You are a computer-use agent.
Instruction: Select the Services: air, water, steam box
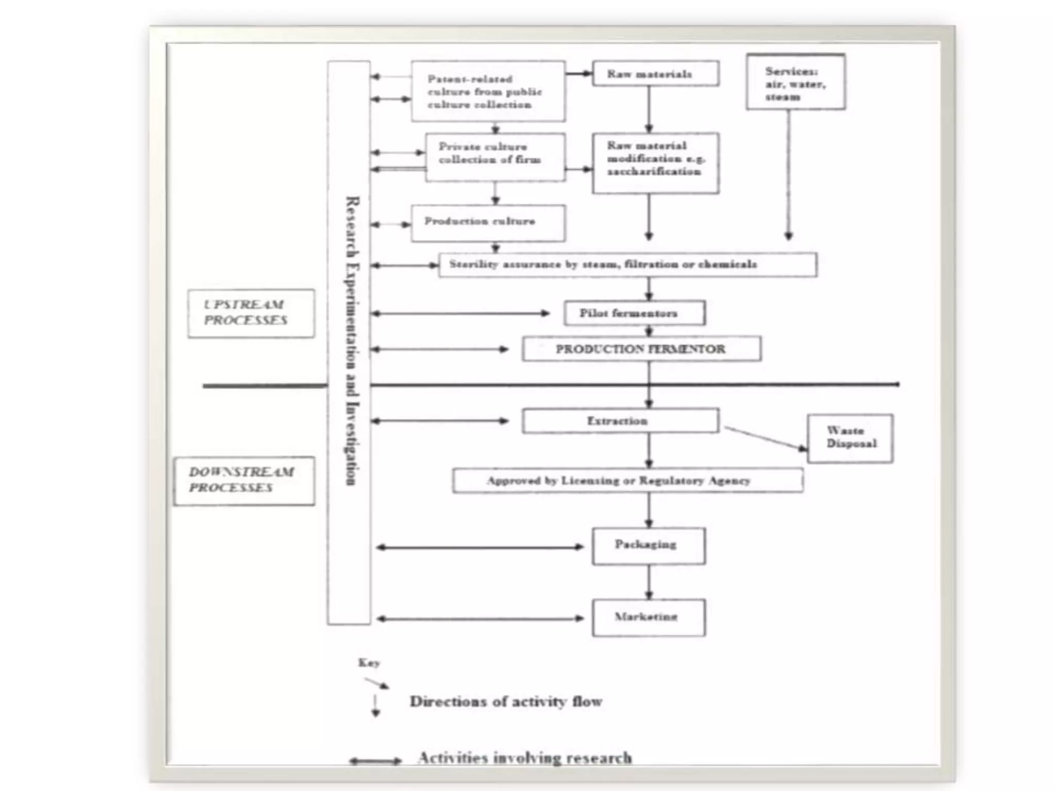(x=795, y=83)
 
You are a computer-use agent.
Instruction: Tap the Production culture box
(x=487, y=223)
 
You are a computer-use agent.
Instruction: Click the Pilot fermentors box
(x=634, y=313)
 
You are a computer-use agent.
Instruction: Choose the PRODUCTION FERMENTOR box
(x=641, y=349)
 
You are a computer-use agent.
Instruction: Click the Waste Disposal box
(x=850, y=438)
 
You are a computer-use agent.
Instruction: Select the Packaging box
(x=648, y=546)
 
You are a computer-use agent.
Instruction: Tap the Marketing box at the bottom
(x=648, y=617)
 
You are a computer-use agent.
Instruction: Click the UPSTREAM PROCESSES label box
(x=251, y=313)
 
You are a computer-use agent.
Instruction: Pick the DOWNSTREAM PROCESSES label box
(x=244, y=480)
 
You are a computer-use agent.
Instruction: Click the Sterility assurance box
(x=627, y=265)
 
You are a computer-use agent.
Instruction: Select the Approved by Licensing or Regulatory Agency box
(x=627, y=480)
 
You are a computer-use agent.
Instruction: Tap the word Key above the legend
(x=369, y=663)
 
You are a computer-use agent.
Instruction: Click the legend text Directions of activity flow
(x=505, y=701)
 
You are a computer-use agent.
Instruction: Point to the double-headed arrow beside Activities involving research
(x=375, y=761)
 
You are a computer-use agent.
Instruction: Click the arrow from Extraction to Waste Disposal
(x=765, y=438)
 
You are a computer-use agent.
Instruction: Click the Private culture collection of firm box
(x=495, y=157)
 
